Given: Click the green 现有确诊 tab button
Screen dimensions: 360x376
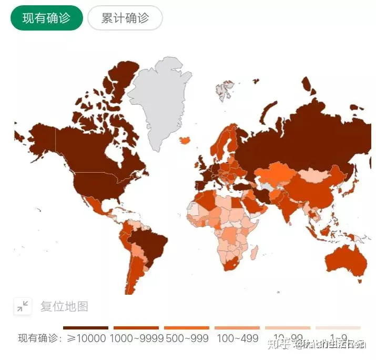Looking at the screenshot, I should pyautogui.click(x=46, y=18).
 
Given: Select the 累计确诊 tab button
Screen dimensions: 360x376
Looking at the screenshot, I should pyautogui.click(x=125, y=18).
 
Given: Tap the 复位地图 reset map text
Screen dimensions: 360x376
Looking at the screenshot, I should pyautogui.click(x=64, y=306).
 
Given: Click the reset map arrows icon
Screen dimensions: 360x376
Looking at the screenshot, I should pyautogui.click(x=23, y=306).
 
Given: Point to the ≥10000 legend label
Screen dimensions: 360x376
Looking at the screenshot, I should pyautogui.click(x=86, y=338).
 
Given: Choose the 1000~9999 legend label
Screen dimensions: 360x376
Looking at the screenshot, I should pyautogui.click(x=135, y=338).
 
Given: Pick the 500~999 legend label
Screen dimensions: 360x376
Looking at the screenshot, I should pyautogui.click(x=186, y=338).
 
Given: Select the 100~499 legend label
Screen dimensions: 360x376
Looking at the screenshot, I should pyautogui.click(x=237, y=338).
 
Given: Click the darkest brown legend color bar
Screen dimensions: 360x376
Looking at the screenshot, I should pyautogui.click(x=85, y=328).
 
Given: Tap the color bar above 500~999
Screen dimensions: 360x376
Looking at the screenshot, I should pyautogui.click(x=186, y=328).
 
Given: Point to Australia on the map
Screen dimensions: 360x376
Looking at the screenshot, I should pyautogui.click(x=344, y=258).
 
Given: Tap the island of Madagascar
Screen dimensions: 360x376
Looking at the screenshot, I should pyautogui.click(x=253, y=254).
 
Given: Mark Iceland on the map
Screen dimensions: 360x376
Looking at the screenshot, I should pyautogui.click(x=186, y=141).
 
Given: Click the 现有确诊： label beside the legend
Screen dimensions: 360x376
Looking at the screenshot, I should pyautogui.click(x=40, y=338).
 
